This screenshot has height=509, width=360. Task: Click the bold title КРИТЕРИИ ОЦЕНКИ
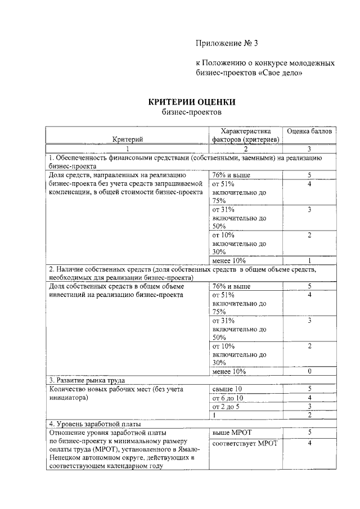pyautogui.click(x=191, y=102)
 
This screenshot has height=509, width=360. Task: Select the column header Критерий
pyautogui.click(x=127, y=139)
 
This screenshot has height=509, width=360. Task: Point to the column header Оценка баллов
pyautogui.click(x=309, y=131)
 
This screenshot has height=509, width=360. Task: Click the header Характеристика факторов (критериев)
pyautogui.click(x=245, y=135)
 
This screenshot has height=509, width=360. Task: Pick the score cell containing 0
pyautogui.click(x=309, y=371)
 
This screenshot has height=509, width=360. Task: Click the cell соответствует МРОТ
pyautogui.click(x=245, y=444)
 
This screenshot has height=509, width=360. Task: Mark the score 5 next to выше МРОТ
pyautogui.click(x=309, y=432)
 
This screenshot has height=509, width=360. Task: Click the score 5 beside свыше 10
pyautogui.click(x=309, y=389)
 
